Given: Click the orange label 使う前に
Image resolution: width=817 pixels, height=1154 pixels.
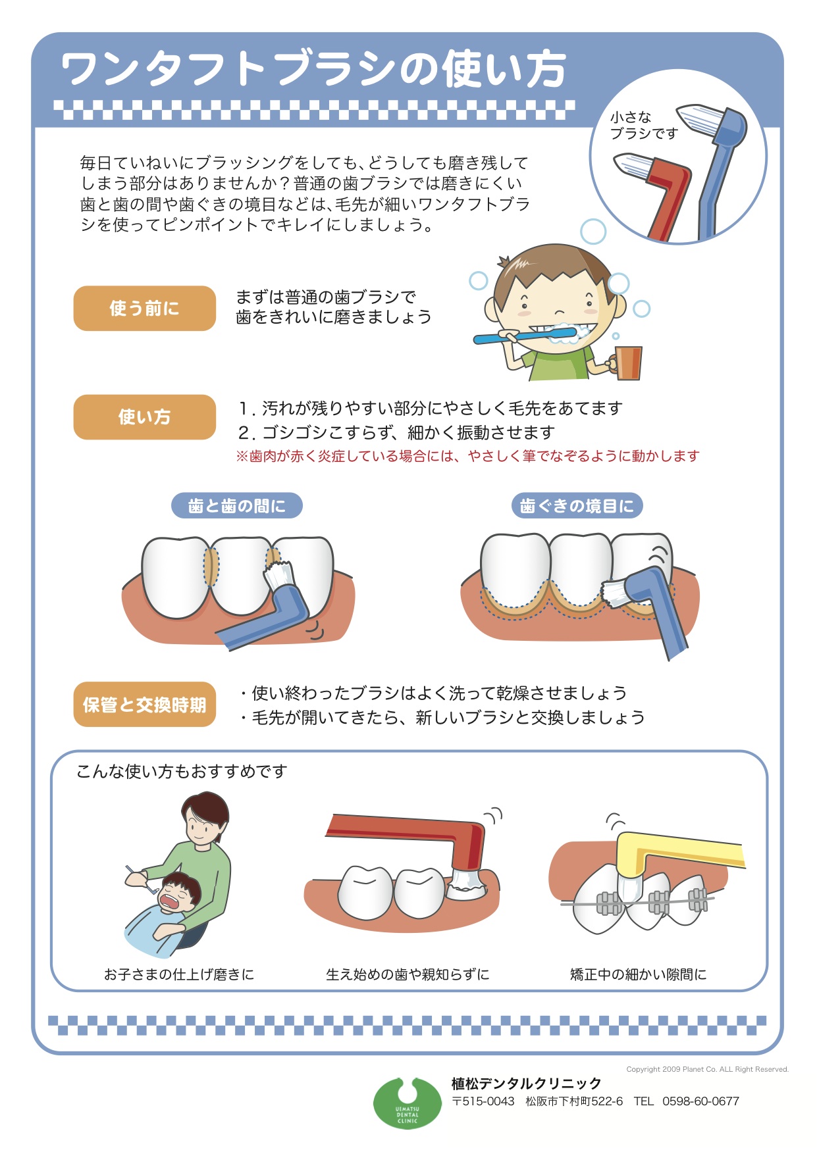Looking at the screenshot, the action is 144,308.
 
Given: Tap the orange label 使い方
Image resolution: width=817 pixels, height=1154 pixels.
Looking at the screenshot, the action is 144,416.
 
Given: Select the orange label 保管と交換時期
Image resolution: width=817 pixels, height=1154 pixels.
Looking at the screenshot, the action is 144,705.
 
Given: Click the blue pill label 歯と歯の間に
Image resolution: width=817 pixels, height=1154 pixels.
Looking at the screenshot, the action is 237,505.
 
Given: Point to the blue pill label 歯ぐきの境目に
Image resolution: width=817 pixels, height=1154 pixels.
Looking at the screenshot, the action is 577,505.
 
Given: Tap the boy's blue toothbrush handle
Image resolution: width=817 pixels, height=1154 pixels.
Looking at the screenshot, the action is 507,338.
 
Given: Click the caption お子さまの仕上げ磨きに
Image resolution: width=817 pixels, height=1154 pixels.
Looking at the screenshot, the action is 179,974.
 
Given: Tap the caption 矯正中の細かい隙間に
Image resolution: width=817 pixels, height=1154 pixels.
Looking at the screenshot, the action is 638,974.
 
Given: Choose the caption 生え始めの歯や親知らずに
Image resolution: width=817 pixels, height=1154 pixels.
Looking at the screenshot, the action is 408,974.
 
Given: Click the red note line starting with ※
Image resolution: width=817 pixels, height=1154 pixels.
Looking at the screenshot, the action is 467,456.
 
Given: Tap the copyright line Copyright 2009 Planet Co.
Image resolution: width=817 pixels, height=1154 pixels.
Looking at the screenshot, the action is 707,1069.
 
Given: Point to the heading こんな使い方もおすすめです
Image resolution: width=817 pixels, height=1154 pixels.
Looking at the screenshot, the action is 182,771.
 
